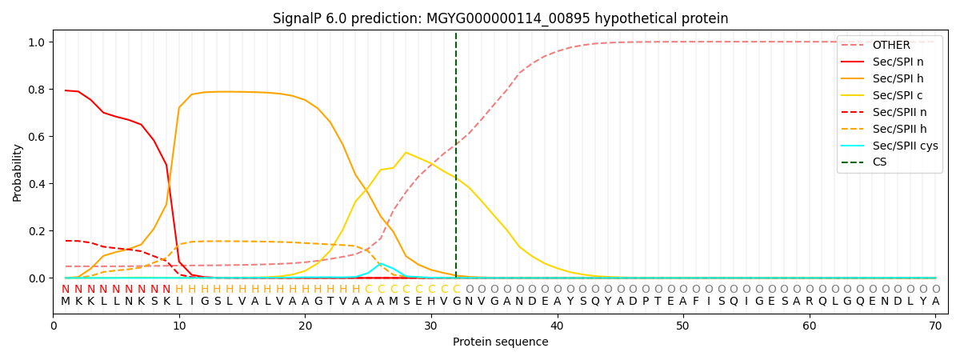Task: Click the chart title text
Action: point(501,18)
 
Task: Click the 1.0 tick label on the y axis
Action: point(37,42)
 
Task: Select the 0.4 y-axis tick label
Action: point(37,184)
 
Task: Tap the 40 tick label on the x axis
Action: point(557,326)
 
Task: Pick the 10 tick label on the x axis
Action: point(179,326)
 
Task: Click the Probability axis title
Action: point(17,173)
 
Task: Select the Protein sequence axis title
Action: point(501,342)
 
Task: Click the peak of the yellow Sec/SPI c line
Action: point(406,153)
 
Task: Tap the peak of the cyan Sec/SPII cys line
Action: point(381,263)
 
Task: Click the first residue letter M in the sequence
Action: point(66,302)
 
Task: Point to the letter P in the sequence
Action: point(646,302)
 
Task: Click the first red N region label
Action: point(66,289)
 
